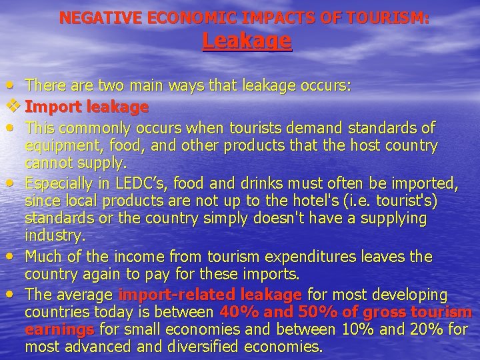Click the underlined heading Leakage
pyautogui.click(x=247, y=41)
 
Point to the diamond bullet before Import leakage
pyautogui.click(x=10, y=106)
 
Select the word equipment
pyautogui.click(x=59, y=145)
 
